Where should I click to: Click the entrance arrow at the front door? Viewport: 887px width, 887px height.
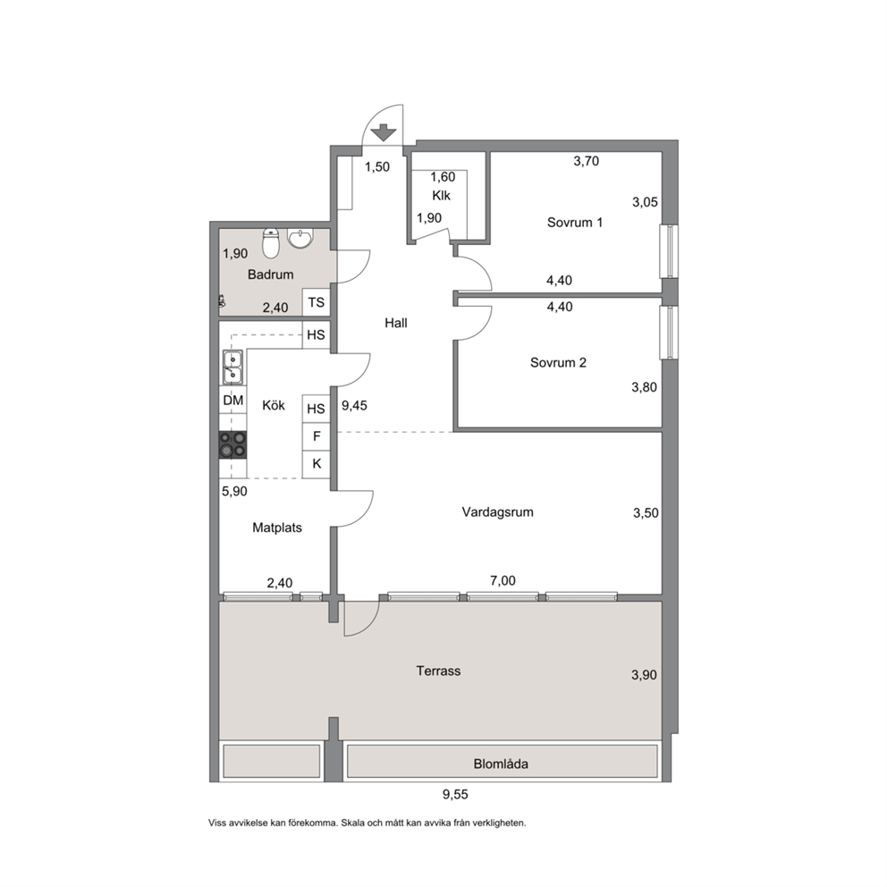tap(384, 132)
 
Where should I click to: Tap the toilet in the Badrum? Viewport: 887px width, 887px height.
tap(272, 242)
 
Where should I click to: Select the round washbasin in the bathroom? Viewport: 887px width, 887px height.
tap(300, 238)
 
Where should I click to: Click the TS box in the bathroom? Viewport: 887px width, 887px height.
tap(317, 302)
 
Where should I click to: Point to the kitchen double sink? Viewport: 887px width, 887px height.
tap(232, 367)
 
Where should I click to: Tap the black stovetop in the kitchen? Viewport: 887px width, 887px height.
tap(232, 444)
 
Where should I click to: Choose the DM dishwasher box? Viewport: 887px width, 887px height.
tap(233, 400)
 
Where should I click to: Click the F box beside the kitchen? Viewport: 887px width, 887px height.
tap(317, 436)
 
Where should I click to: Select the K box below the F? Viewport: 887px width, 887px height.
tap(317, 464)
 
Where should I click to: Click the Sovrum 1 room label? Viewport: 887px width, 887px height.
tap(575, 223)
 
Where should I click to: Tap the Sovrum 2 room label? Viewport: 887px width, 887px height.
tap(558, 363)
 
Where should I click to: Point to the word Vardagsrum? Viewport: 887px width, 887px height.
tap(497, 512)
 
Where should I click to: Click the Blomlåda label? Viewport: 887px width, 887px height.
tap(501, 765)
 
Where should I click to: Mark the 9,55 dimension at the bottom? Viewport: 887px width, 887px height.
tap(455, 795)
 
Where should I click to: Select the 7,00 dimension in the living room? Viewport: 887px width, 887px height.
tap(503, 581)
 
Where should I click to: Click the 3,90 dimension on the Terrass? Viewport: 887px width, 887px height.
tap(645, 675)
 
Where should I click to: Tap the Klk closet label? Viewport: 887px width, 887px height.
tap(441, 196)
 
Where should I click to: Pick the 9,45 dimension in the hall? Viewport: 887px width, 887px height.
tap(354, 406)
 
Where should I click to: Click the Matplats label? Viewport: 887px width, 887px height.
tap(277, 528)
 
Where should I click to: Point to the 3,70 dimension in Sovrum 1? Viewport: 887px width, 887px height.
tap(586, 161)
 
